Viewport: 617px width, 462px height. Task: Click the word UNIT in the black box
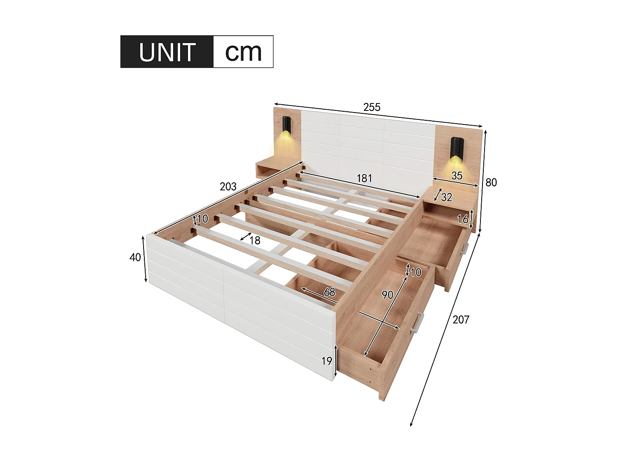167,52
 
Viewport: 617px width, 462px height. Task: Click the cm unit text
243,52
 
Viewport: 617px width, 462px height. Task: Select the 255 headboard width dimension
371,107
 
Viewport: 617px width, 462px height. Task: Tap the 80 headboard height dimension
491,182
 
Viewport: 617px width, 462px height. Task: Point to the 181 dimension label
364,178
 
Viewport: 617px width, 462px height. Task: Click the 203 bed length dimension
228,187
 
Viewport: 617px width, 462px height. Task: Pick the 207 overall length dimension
461,319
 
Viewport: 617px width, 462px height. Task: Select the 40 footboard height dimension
135,257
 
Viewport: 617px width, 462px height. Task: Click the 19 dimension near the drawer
327,361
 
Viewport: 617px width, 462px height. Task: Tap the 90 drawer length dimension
387,295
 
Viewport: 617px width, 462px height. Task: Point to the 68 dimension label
329,292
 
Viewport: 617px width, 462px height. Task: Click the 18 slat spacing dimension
255,241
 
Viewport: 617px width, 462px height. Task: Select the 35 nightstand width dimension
457,176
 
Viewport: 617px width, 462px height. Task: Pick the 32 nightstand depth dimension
446,198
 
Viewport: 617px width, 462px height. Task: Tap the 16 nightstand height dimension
463,219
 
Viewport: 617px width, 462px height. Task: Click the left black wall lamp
286,125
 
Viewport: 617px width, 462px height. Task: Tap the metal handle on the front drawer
417,322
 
